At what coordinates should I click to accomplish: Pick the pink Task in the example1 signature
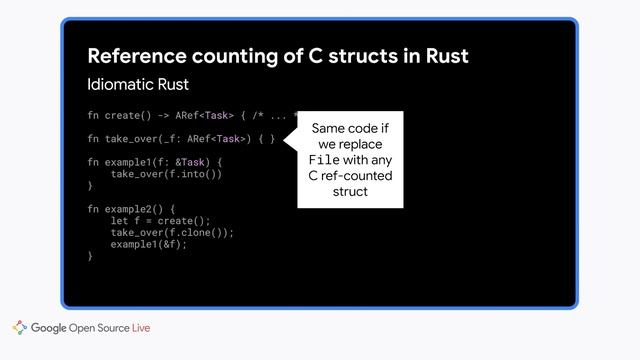193,161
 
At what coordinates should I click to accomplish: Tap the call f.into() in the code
192,173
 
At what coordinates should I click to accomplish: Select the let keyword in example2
119,220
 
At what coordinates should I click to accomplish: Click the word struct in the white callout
350,191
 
